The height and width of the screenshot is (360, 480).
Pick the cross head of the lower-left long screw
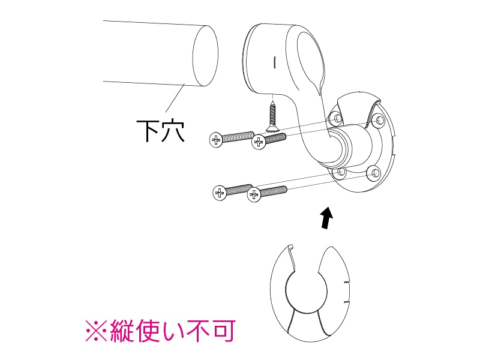[x=220, y=192]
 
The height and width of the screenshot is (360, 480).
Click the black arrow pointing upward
[x=325, y=218]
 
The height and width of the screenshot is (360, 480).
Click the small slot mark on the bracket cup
[x=274, y=61]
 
